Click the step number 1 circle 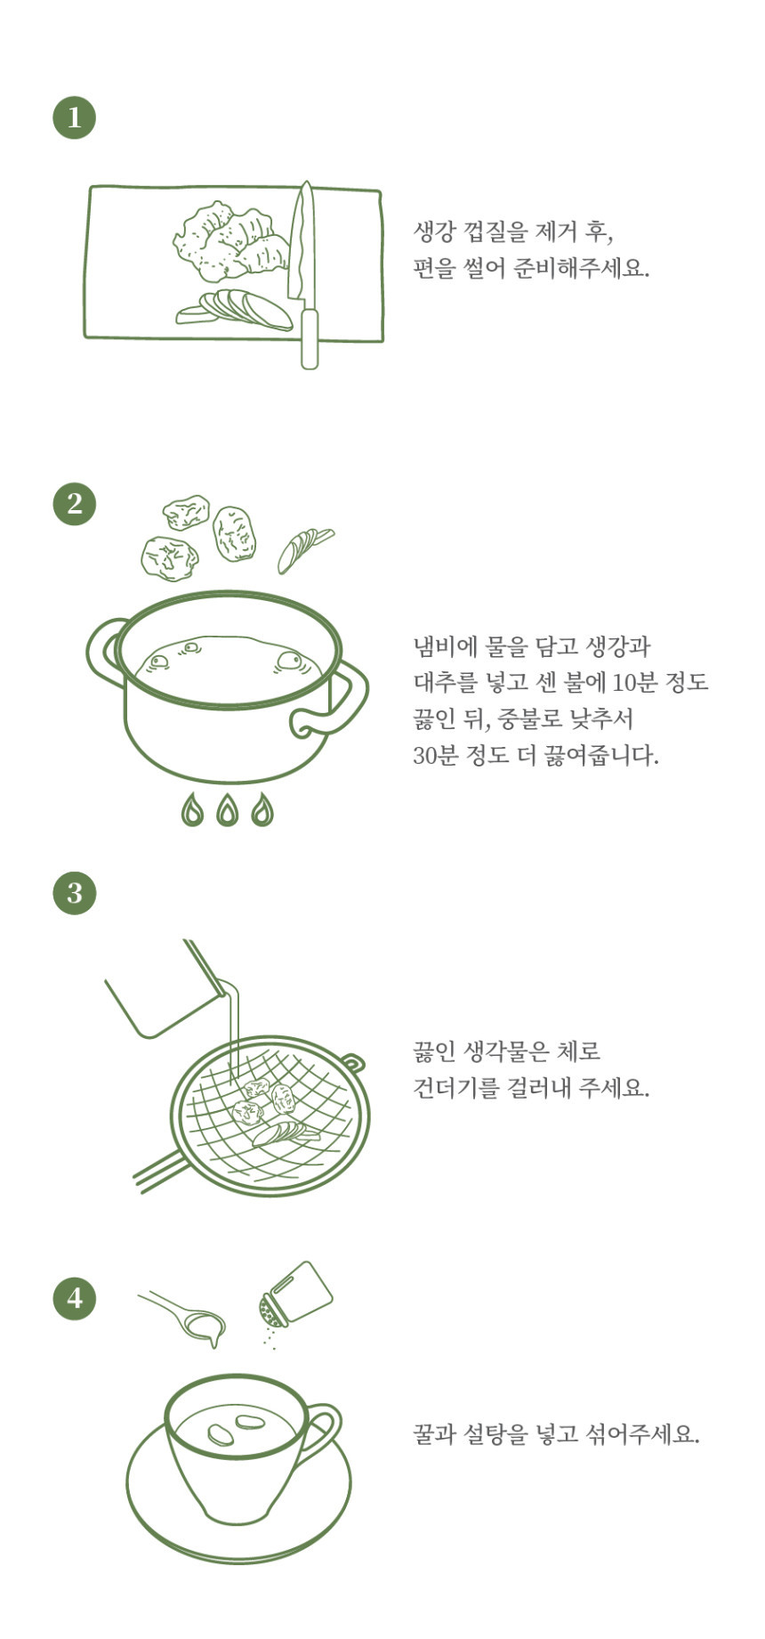(75, 118)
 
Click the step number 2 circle (75, 504)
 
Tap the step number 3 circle (75, 892)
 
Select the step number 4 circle (75, 1297)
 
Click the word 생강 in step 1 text (435, 232)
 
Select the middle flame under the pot (228, 809)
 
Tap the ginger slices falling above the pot (303, 548)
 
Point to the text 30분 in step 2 (435, 755)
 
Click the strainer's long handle (160, 1170)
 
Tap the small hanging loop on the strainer (354, 1062)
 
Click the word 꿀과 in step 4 (435, 1434)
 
